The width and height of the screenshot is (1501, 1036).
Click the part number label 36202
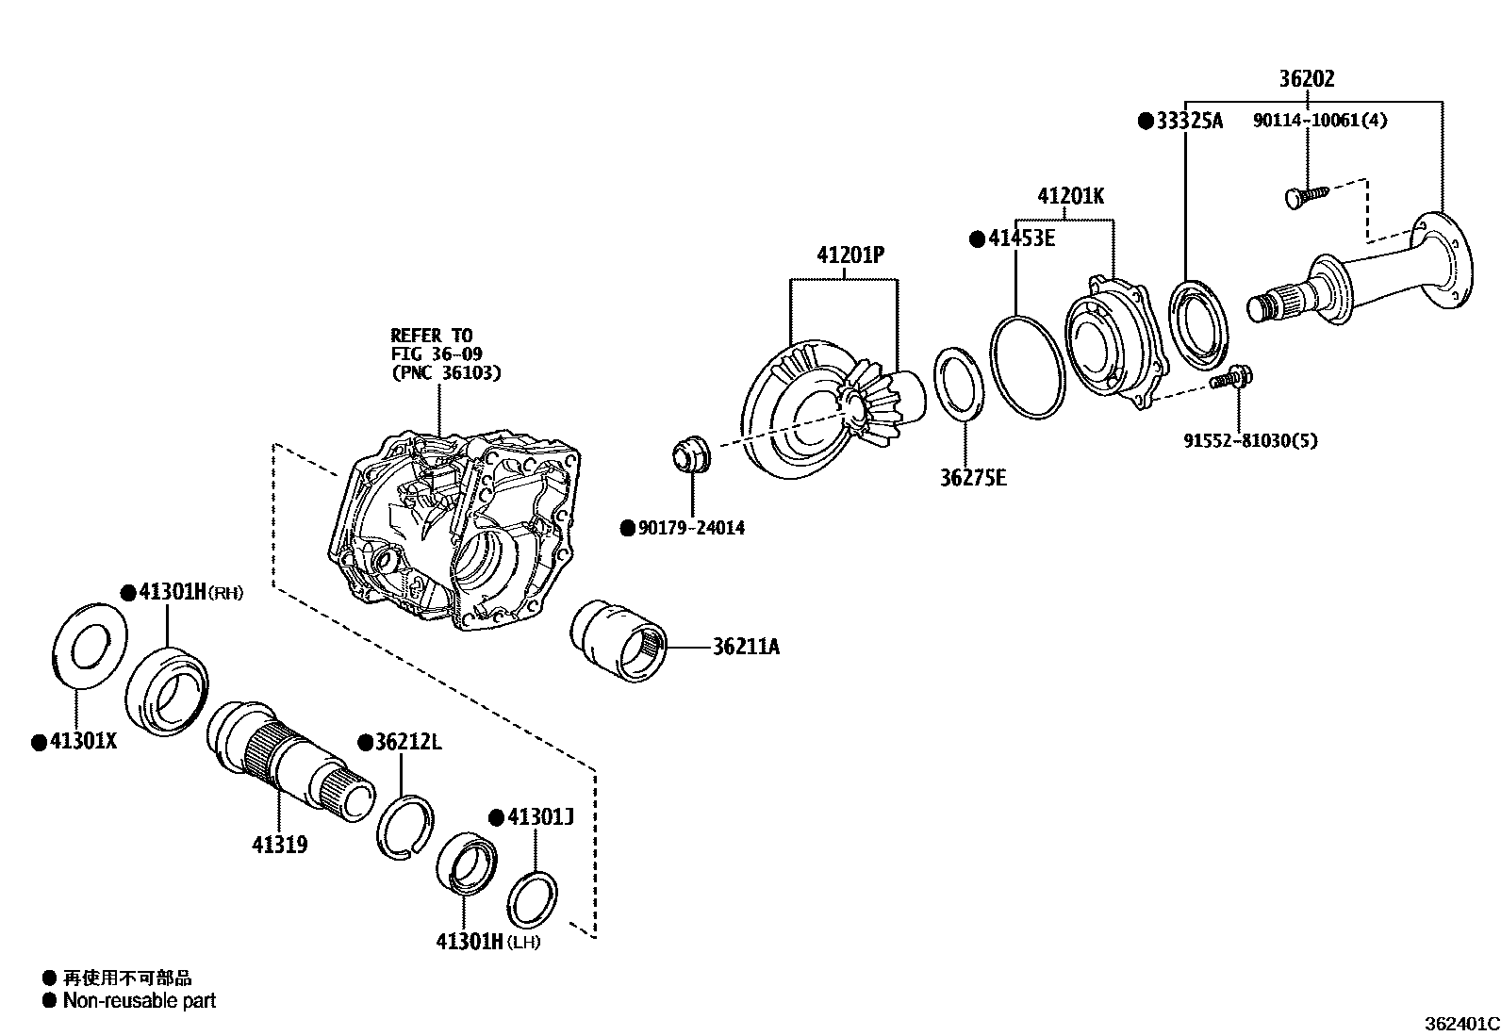coord(1307,79)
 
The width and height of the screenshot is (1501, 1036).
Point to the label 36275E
coord(973,478)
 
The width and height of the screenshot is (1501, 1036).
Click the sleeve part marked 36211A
coord(619,638)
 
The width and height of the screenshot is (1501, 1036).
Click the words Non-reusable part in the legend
coord(140,1001)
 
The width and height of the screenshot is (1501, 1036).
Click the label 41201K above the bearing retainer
coord(1070,197)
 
